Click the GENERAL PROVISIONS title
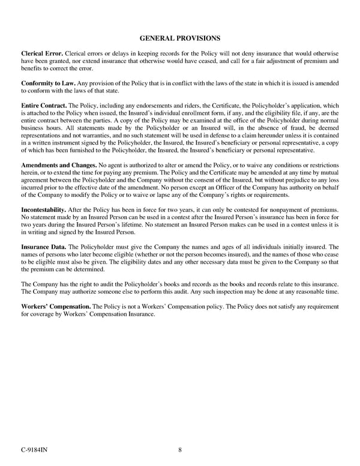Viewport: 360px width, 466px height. tap(179, 38)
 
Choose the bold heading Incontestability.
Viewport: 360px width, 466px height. tap(44, 208)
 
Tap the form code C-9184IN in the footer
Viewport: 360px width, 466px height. tap(34, 451)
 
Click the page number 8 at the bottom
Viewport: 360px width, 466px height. tap(180, 451)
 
